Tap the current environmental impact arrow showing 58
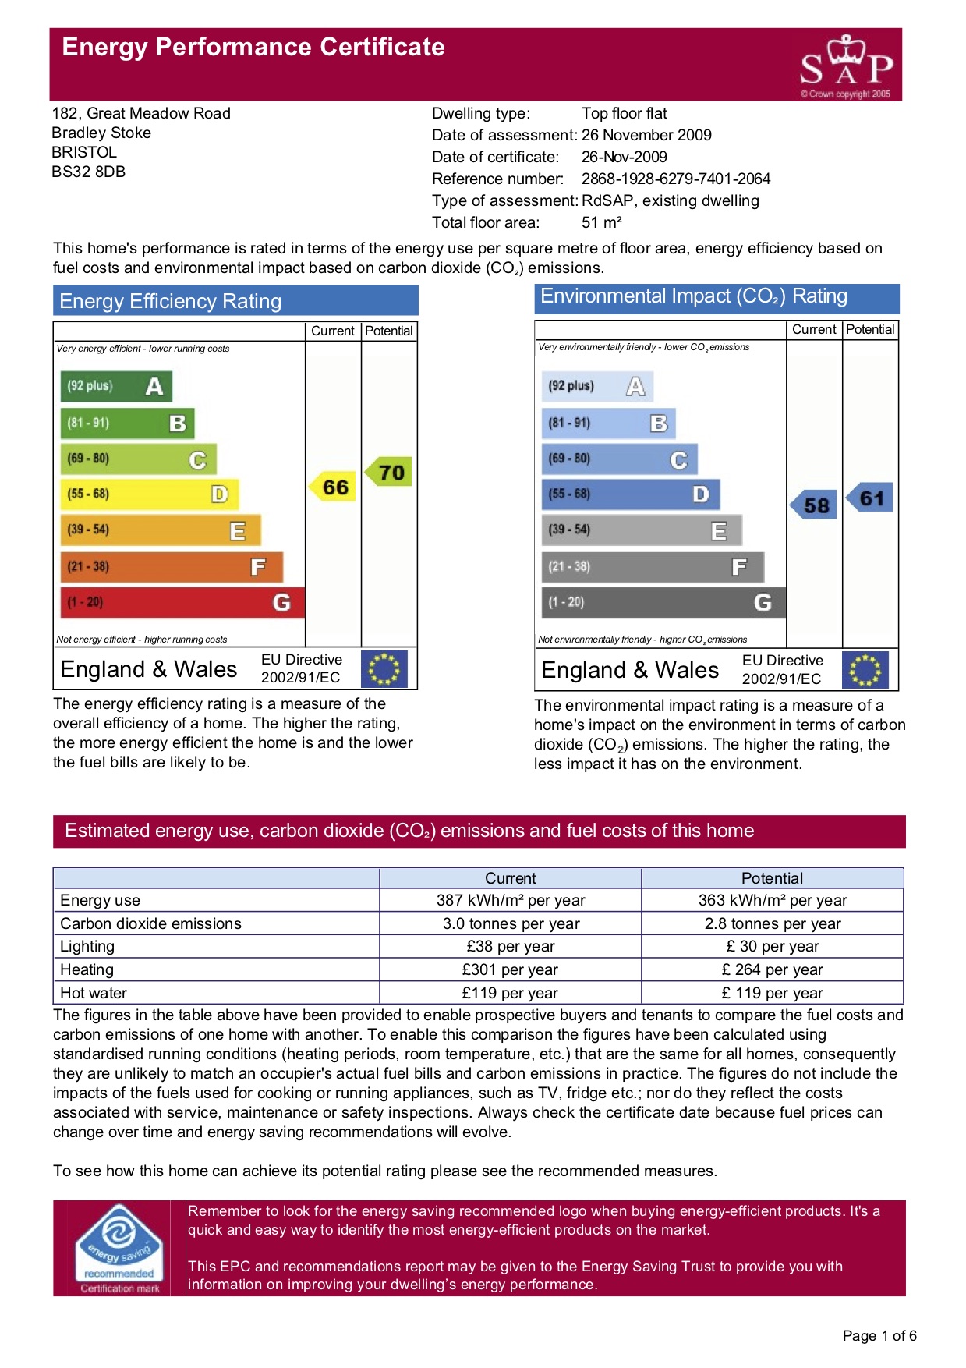pyautogui.click(x=815, y=505)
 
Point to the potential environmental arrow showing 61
pyautogui.click(x=870, y=498)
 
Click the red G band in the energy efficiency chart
pyautogui.click(x=182, y=602)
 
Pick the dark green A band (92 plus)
pyautogui.click(x=115, y=386)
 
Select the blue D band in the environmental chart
pyautogui.click(x=630, y=494)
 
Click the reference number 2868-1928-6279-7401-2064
pyautogui.click(x=675, y=179)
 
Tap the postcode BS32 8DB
pyautogui.click(x=88, y=172)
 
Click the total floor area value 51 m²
pyautogui.click(x=601, y=222)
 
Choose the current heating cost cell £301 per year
pyautogui.click(x=510, y=969)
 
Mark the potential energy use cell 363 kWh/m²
pyautogui.click(x=772, y=900)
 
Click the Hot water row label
pyautogui.click(x=94, y=993)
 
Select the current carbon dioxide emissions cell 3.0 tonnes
pyautogui.click(x=511, y=923)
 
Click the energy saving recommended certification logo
pyautogui.click(x=119, y=1247)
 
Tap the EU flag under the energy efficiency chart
pyautogui.click(x=384, y=669)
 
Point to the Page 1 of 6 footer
pyautogui.click(x=879, y=1335)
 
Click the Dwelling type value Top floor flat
pyautogui.click(x=624, y=113)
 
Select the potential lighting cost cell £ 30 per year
pyautogui.click(x=772, y=946)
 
